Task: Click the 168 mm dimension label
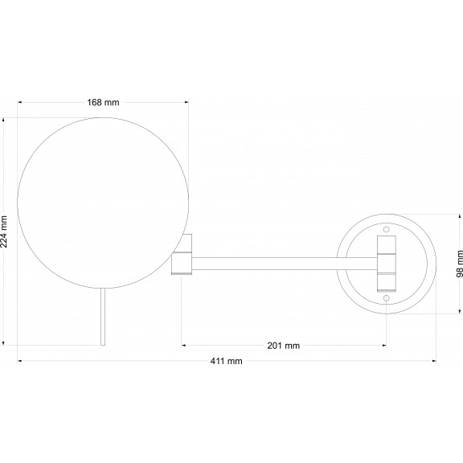103,102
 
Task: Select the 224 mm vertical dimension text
4,231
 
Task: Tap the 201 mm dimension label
284,346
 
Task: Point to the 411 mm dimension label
226,361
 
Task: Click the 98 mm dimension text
460,264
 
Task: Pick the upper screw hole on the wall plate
386,229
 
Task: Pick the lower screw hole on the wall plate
386,298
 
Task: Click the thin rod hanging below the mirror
103,317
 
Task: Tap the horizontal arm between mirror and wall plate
285,264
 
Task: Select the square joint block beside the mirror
182,263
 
